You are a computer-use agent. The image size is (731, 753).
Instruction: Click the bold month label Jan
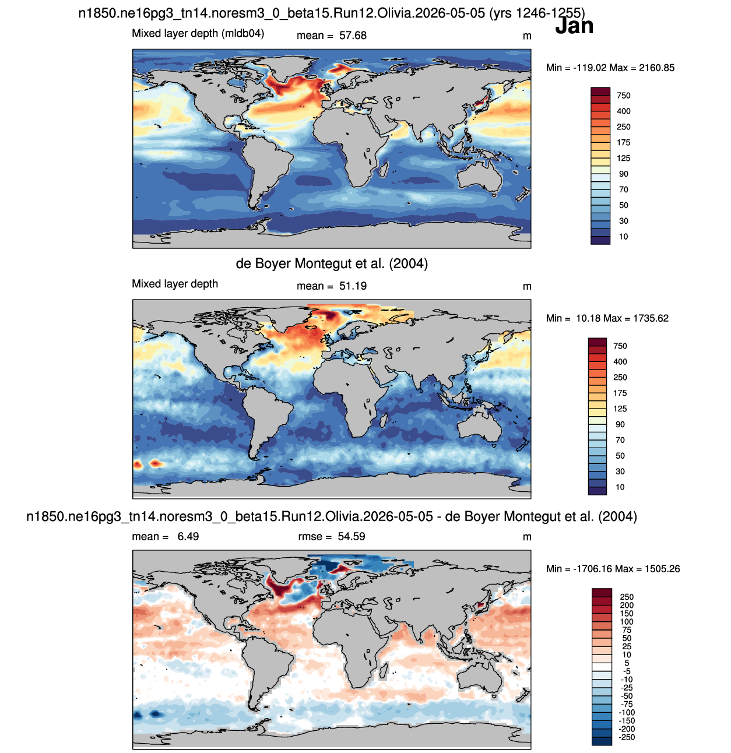(574, 26)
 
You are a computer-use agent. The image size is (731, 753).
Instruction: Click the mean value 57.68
(353, 36)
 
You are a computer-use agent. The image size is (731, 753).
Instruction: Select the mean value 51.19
(353, 286)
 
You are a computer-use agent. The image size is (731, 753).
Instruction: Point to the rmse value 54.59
(351, 536)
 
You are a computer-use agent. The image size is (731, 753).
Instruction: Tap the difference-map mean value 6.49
(188, 536)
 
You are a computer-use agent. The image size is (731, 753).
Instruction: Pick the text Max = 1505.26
(647, 568)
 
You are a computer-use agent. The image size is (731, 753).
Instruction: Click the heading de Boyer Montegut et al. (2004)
(332, 263)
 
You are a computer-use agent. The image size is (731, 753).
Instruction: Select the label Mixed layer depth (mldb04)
(198, 33)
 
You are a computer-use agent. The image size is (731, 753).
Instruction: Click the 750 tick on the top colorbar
(623, 96)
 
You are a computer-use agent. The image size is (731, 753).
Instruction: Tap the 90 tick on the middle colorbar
(620, 424)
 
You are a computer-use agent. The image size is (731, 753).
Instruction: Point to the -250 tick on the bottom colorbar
(627, 737)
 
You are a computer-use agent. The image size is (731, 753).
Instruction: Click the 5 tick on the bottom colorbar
(627, 663)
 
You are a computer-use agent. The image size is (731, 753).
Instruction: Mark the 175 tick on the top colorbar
(623, 142)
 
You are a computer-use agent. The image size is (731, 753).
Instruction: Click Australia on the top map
(480, 178)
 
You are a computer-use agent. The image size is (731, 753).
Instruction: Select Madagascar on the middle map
(384, 420)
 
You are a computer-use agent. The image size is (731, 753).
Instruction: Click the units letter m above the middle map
(526, 287)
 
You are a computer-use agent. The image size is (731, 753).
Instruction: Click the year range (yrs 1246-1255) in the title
(537, 13)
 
